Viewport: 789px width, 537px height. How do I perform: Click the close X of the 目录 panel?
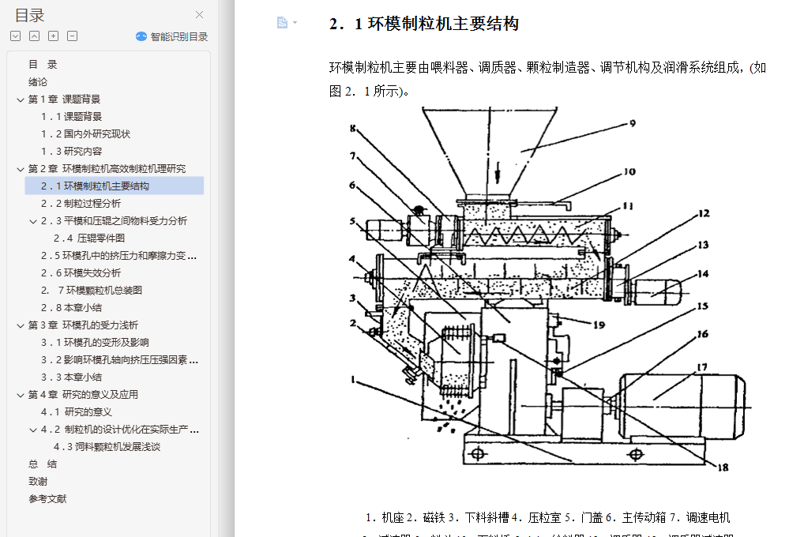(x=200, y=14)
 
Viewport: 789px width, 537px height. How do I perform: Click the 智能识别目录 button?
(x=172, y=36)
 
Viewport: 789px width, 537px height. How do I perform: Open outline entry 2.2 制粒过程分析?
(x=81, y=204)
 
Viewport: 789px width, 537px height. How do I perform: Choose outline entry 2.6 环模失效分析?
(x=81, y=273)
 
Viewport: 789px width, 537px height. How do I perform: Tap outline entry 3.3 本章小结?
(x=72, y=377)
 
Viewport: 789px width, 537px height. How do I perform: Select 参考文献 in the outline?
(x=47, y=499)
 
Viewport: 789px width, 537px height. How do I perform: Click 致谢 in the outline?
(x=38, y=482)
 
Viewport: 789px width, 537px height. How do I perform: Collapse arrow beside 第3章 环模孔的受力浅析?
(x=21, y=325)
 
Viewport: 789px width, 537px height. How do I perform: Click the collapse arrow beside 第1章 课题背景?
(x=21, y=100)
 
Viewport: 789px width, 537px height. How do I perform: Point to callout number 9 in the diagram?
(x=632, y=123)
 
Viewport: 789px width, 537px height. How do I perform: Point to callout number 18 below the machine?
(x=721, y=467)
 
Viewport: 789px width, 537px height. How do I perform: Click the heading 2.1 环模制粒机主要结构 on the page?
(x=424, y=24)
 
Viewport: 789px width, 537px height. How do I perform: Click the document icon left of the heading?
(x=282, y=23)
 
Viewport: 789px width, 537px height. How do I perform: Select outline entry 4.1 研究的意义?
(x=77, y=412)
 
